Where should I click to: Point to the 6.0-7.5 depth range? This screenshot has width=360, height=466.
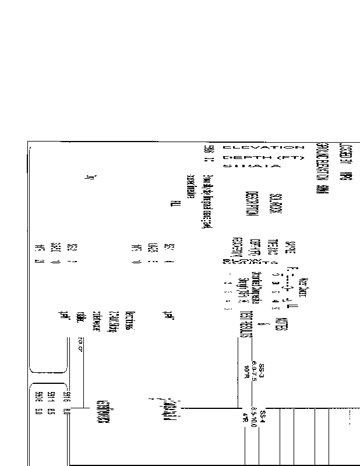pyautogui.click(x=254, y=369)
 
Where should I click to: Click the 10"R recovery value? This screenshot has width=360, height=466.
pyautogui.click(x=246, y=369)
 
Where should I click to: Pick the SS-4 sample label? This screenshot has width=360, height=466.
pyautogui.click(x=263, y=418)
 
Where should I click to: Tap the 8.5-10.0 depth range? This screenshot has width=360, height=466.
pyautogui.click(x=254, y=418)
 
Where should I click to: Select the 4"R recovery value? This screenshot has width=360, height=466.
pyautogui.click(x=246, y=418)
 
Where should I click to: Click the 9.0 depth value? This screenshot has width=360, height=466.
pyautogui.click(x=38, y=414)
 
